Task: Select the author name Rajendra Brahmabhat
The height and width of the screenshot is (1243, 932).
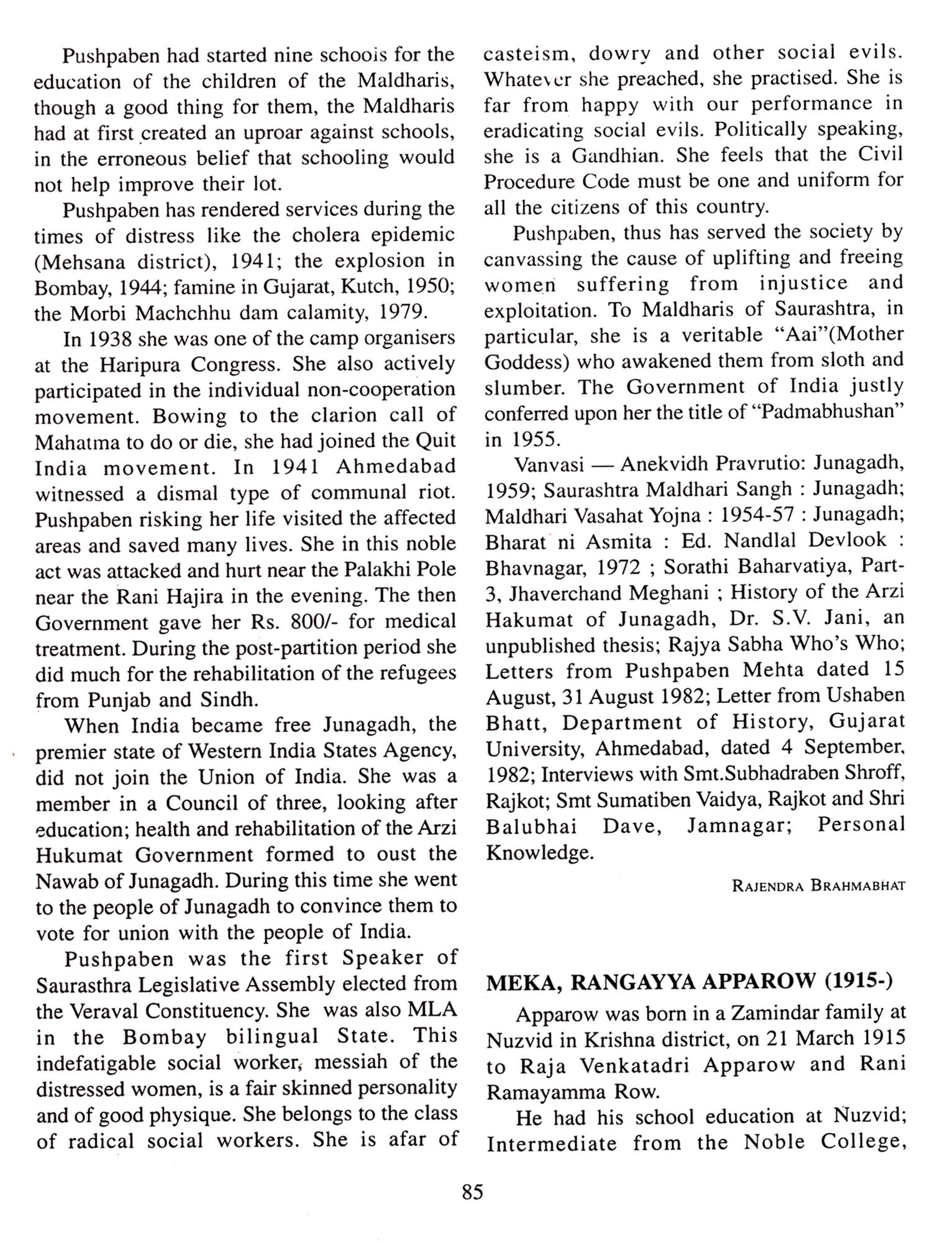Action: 818,886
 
